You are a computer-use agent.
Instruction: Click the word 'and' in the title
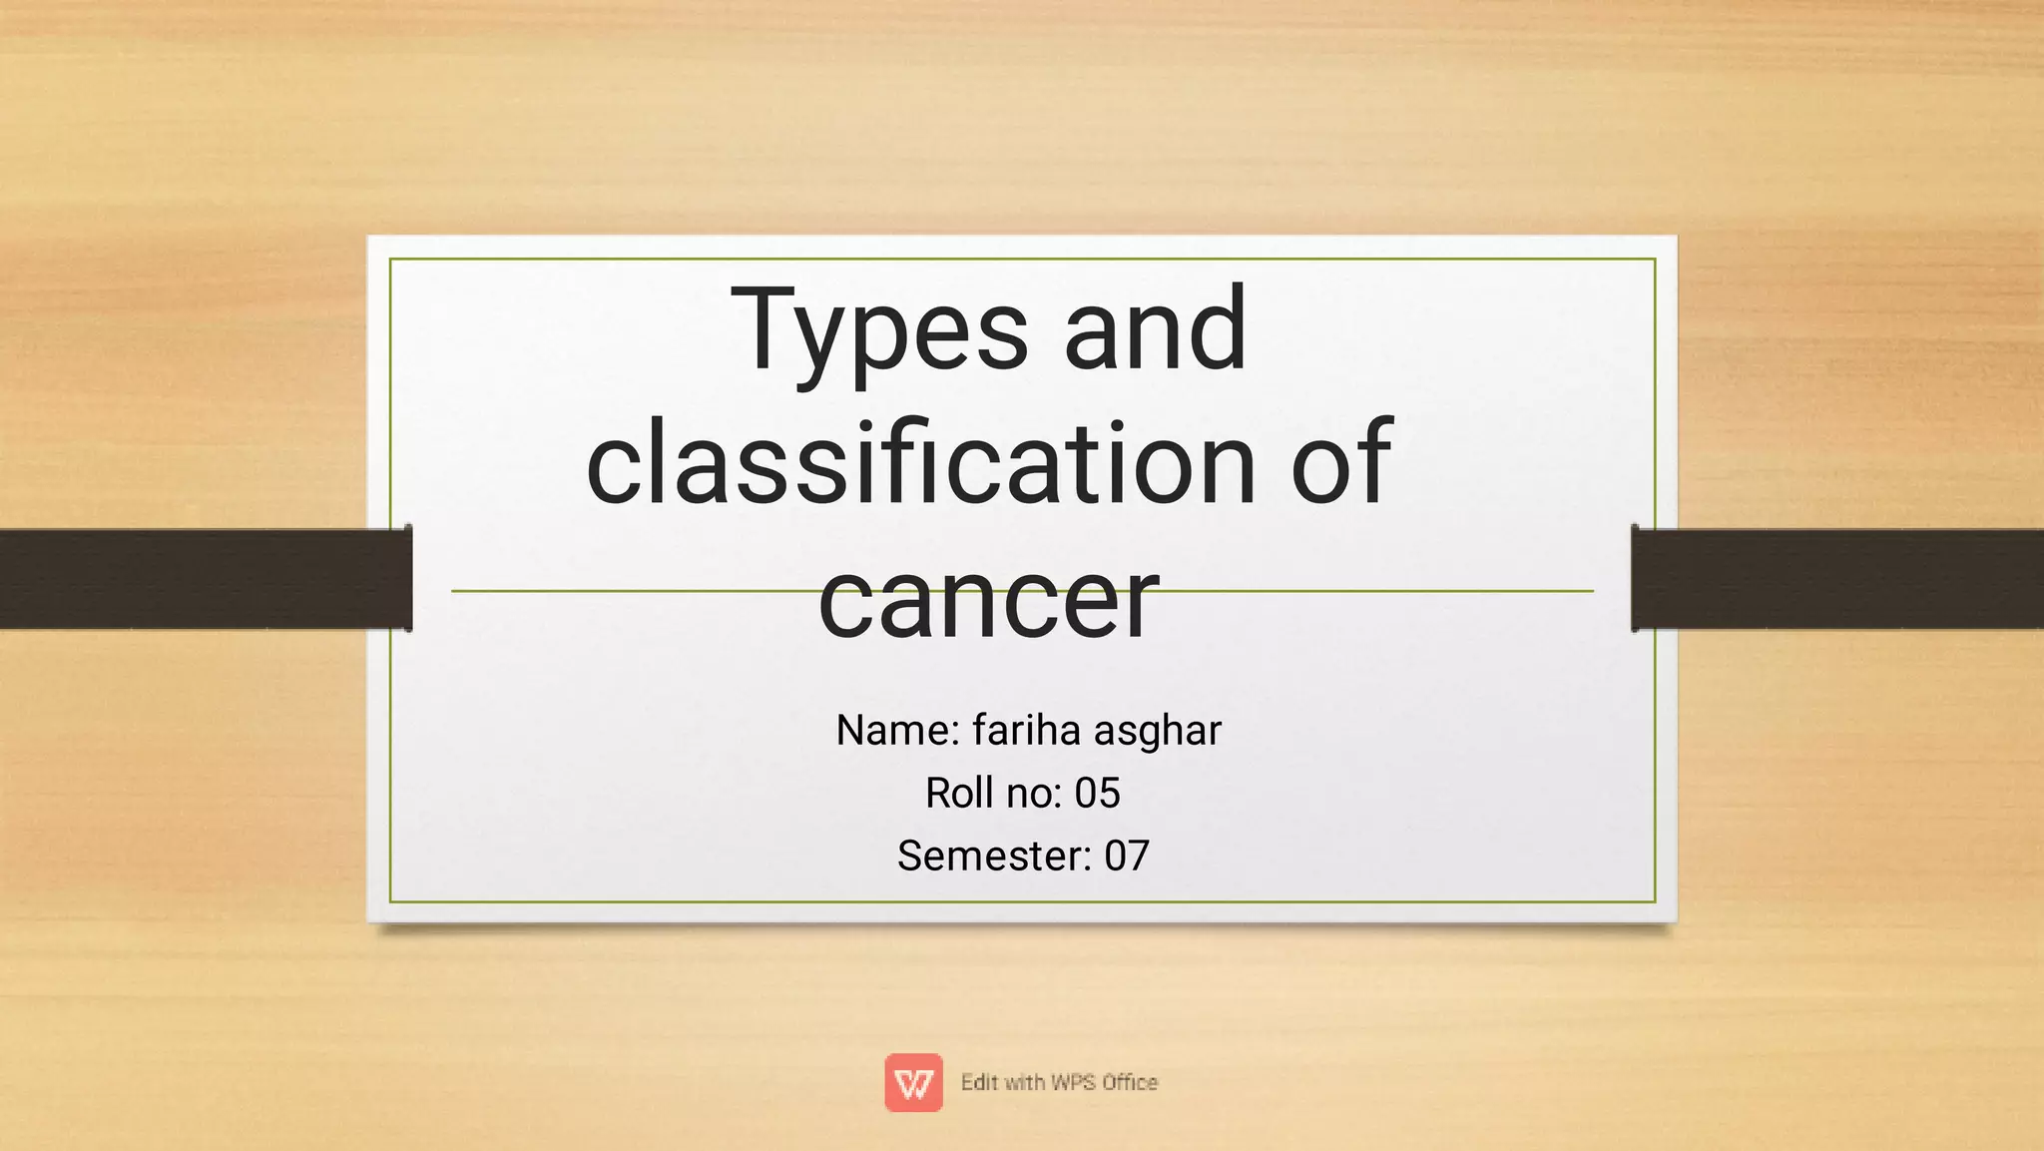point(1155,329)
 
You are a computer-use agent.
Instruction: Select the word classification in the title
point(919,464)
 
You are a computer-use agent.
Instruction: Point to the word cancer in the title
point(988,599)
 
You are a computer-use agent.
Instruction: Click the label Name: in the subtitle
point(897,731)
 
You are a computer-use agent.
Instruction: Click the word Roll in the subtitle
point(957,794)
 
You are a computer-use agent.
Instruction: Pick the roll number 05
point(1097,794)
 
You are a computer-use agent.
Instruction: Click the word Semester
point(994,857)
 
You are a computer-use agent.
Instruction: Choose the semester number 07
point(1127,857)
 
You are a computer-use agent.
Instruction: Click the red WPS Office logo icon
point(913,1082)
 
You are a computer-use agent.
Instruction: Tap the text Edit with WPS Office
point(1059,1082)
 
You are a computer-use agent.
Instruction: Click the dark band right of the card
point(1837,579)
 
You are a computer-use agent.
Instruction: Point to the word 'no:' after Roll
point(1035,794)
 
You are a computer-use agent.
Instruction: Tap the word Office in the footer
point(1130,1082)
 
